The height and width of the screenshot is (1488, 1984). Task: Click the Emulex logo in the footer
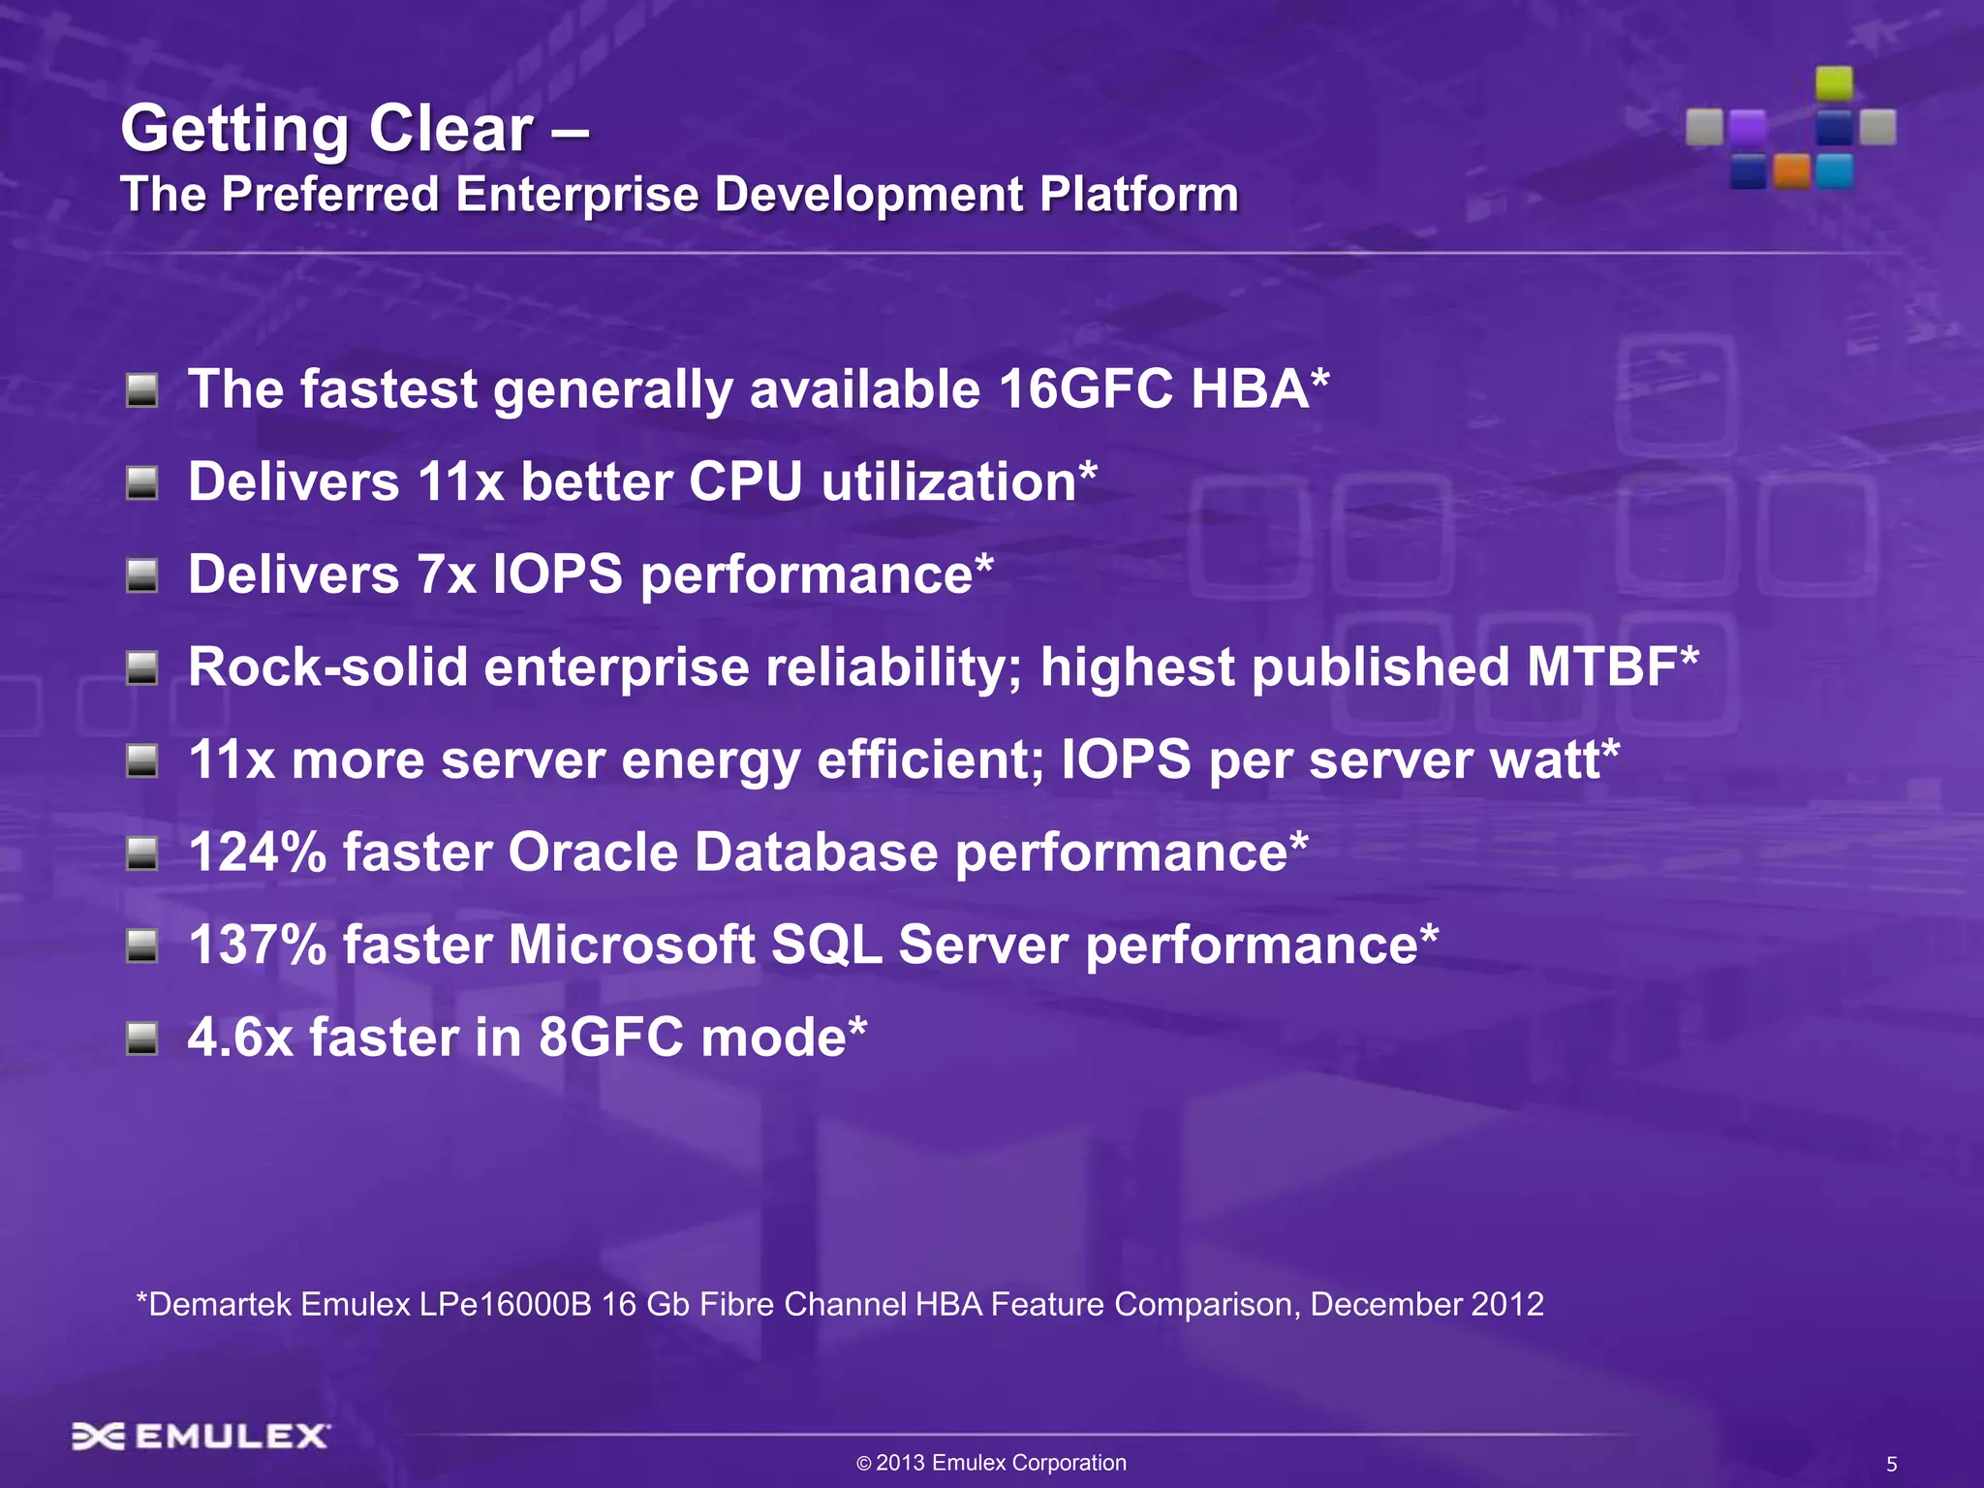[201, 1436]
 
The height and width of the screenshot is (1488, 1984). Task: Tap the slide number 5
[1891, 1465]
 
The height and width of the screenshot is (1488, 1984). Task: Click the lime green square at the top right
[1834, 83]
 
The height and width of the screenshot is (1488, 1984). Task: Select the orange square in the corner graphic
[1791, 171]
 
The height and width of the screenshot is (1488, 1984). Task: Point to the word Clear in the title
[449, 129]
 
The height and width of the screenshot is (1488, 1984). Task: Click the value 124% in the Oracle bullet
[258, 852]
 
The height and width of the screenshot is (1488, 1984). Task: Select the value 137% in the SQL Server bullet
[258, 945]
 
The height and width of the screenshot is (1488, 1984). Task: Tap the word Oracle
[593, 852]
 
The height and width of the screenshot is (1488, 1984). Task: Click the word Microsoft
[632, 945]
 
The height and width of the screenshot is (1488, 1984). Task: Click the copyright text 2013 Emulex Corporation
[1001, 1463]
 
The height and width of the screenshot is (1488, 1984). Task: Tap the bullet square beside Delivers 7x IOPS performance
[142, 576]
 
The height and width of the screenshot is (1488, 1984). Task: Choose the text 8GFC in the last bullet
[610, 1038]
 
